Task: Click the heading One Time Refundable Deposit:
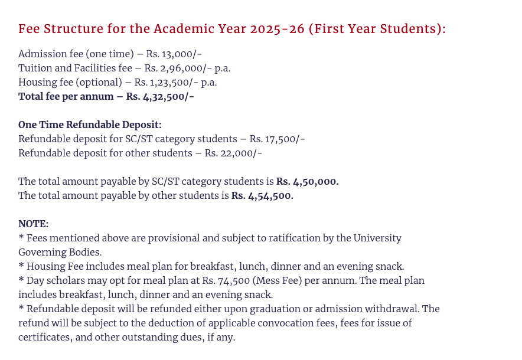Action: point(90,125)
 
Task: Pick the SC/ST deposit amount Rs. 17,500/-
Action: point(277,139)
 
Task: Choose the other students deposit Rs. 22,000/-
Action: point(233,153)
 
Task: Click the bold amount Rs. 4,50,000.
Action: point(307,181)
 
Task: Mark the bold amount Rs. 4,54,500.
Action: point(262,195)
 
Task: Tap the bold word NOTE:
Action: point(33,224)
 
